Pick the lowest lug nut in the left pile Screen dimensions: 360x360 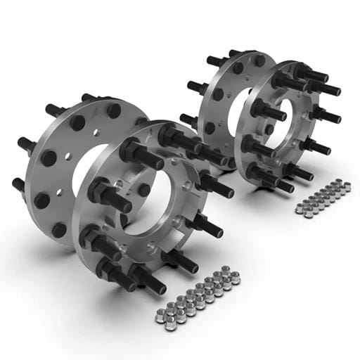170,325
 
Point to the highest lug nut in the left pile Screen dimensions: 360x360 226,269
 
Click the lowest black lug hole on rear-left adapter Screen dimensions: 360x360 59,230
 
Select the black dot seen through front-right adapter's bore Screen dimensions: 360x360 269,129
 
